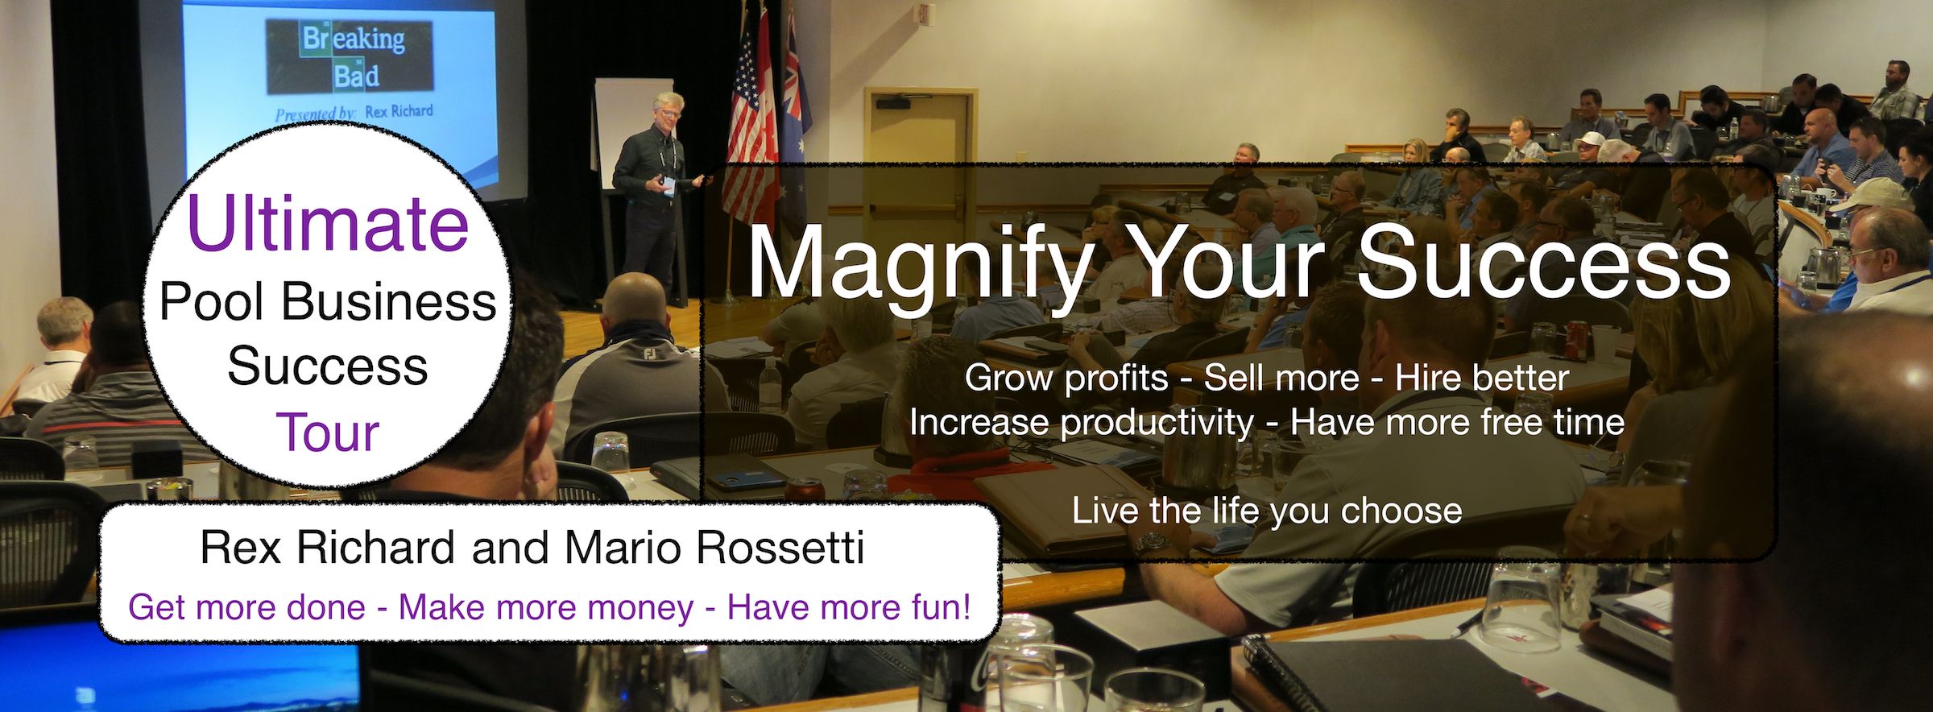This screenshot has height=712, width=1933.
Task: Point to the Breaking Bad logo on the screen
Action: tap(350, 56)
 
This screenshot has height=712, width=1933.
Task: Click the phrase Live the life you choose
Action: tap(1266, 511)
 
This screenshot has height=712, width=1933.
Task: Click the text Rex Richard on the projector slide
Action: tap(398, 112)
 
